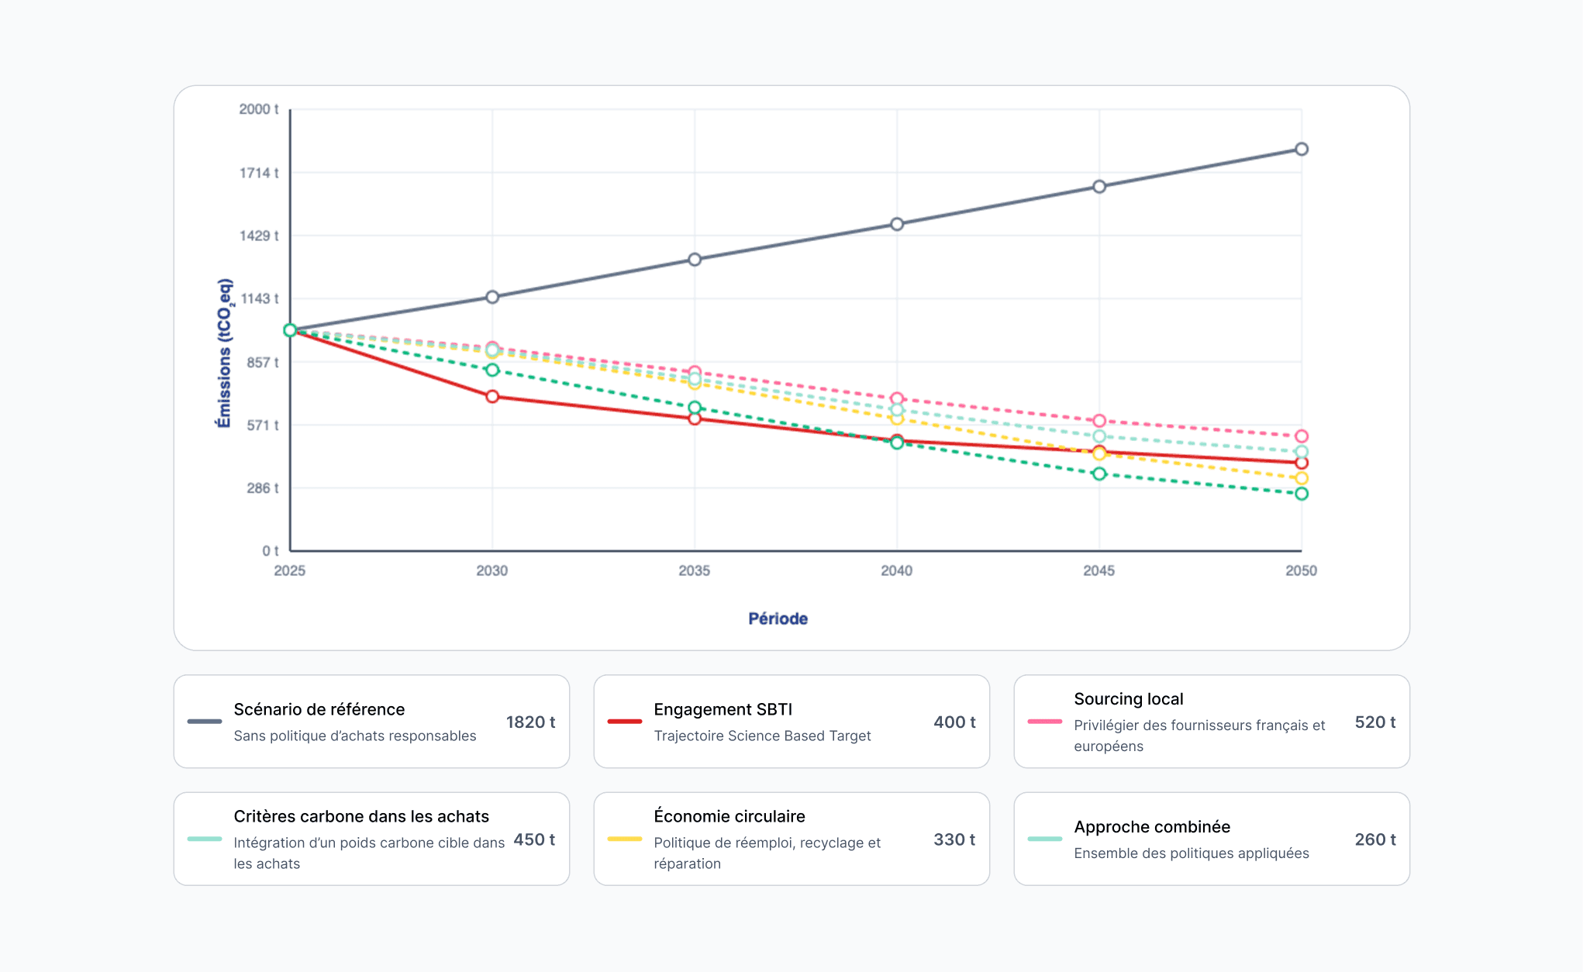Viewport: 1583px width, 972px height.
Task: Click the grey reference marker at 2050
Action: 1302,149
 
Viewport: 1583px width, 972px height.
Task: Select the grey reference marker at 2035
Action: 695,260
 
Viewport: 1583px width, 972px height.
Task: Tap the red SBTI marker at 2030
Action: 492,397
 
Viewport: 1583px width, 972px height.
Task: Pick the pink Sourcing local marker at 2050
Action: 1302,436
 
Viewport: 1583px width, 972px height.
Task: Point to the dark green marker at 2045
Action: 1099,474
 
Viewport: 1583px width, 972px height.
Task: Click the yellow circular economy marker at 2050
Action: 1302,478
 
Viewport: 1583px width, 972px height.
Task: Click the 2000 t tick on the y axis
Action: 258,109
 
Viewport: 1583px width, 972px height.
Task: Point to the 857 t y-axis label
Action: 262,362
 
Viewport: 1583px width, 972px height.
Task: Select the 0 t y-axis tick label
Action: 270,551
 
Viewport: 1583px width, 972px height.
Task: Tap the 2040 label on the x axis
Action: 896,571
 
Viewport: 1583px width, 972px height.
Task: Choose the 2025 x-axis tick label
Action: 289,571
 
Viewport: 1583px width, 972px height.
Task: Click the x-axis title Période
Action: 778,619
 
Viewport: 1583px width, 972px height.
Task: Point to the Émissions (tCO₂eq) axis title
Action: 224,353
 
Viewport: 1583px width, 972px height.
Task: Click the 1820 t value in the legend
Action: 530,722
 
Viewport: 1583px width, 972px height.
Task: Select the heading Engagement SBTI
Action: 723,709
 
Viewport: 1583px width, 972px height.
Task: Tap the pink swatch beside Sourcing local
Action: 1044,722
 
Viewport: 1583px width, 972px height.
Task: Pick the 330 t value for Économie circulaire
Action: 954,839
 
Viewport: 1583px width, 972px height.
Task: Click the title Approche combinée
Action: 1152,827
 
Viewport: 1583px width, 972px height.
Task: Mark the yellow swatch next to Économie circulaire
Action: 624,839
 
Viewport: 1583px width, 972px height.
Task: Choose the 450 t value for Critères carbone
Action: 534,839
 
